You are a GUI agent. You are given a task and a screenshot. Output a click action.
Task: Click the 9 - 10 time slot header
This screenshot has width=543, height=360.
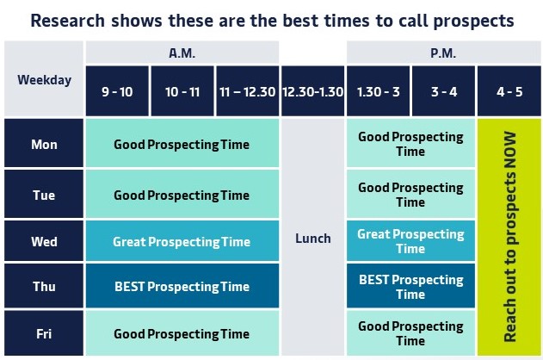[117, 91]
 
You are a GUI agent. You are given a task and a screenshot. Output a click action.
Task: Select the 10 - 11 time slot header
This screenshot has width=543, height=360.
[182, 91]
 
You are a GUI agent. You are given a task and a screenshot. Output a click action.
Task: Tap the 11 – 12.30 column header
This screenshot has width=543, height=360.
[247, 91]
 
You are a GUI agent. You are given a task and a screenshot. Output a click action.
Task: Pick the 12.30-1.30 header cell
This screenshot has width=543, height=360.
[312, 91]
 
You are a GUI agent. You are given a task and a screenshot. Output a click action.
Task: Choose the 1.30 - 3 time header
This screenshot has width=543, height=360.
[378, 91]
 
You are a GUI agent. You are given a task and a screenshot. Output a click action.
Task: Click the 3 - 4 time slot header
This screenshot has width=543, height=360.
[443, 91]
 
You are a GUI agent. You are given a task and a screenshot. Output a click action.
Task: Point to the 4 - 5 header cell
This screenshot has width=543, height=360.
[509, 91]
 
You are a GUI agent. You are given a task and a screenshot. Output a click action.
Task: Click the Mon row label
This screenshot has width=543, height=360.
[44, 143]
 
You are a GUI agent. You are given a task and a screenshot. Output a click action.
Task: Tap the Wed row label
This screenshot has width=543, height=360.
[44, 240]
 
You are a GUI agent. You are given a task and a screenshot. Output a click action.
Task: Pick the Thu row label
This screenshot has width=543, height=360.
[44, 286]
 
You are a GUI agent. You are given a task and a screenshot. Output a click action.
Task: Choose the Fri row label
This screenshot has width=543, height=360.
[44, 333]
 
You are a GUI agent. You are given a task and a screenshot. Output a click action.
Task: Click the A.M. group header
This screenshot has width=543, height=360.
[182, 53]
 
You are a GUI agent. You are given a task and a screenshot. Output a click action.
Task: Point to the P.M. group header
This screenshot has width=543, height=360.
[443, 53]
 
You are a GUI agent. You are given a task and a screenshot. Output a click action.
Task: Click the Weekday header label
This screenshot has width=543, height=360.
[45, 80]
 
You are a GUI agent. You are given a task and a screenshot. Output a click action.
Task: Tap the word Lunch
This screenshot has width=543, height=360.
[312, 239]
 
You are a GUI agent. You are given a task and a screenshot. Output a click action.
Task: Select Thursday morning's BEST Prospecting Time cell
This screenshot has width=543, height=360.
[182, 286]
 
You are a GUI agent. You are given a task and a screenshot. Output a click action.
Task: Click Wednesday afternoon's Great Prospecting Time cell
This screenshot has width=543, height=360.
[410, 240]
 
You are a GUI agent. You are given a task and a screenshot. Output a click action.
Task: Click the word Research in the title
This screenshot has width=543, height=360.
[67, 20]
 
